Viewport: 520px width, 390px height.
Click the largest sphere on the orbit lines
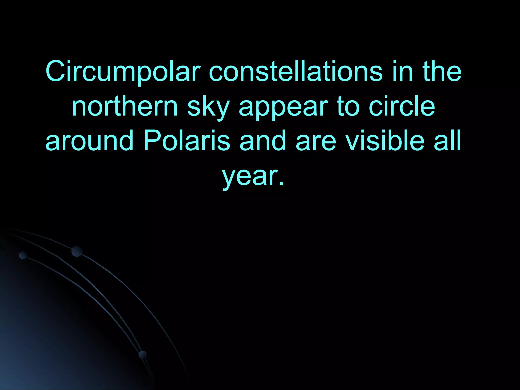point(77,251)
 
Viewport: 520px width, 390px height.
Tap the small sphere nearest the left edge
point(23,255)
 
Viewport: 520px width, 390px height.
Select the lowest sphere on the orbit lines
point(143,355)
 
